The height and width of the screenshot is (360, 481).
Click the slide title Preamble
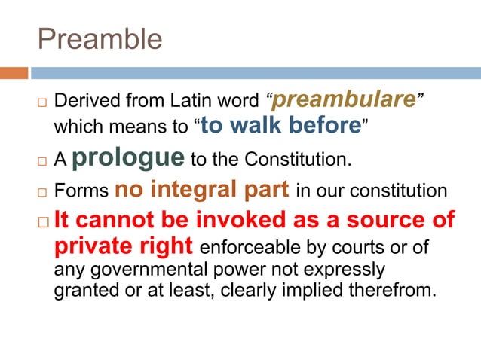[100, 39]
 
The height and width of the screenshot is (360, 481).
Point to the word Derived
[84, 100]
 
